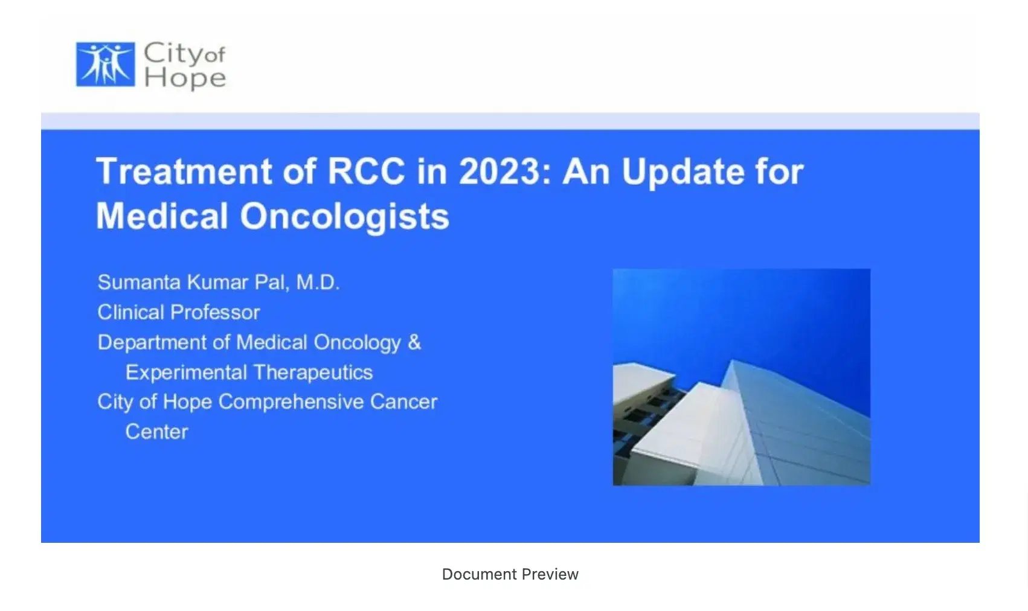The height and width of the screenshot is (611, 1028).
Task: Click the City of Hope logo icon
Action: (x=106, y=64)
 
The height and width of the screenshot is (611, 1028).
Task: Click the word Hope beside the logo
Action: (x=185, y=78)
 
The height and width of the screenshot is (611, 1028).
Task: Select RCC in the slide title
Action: (x=366, y=171)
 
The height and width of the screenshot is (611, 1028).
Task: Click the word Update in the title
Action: (x=683, y=172)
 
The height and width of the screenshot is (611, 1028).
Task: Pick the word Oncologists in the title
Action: (x=345, y=217)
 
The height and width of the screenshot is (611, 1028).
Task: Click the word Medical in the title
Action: (x=162, y=216)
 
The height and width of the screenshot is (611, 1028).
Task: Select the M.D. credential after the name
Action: (x=318, y=282)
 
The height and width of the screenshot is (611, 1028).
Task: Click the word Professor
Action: (x=215, y=312)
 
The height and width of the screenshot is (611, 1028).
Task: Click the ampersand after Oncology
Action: (x=414, y=342)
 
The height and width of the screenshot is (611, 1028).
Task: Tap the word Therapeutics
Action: (x=313, y=372)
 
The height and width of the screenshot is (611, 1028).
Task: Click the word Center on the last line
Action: (x=156, y=432)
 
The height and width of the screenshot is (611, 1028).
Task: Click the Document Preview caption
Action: (x=510, y=574)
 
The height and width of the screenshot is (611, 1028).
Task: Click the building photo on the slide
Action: (x=742, y=377)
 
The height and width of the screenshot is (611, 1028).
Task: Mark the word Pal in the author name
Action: (x=271, y=282)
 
